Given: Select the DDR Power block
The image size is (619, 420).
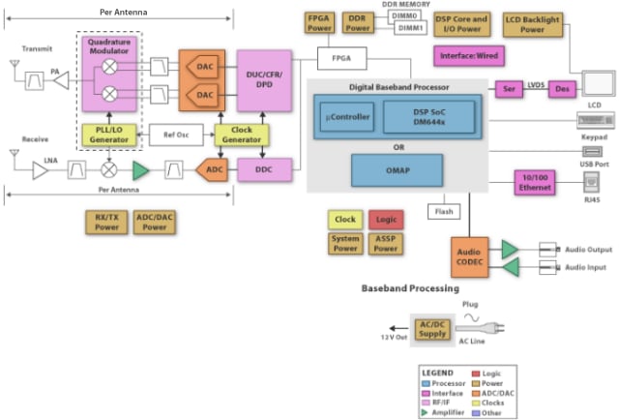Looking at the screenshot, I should click(x=357, y=23).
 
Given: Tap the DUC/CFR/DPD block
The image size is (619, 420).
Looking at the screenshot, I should click(x=263, y=81).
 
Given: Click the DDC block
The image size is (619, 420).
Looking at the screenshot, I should click(x=263, y=169).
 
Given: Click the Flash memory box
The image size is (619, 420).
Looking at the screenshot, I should click(x=444, y=210).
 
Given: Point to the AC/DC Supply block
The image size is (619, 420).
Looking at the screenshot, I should click(x=433, y=331).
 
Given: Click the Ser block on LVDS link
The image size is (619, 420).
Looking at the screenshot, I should click(x=508, y=87).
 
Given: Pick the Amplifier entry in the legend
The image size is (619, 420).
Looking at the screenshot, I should click(x=447, y=411).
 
